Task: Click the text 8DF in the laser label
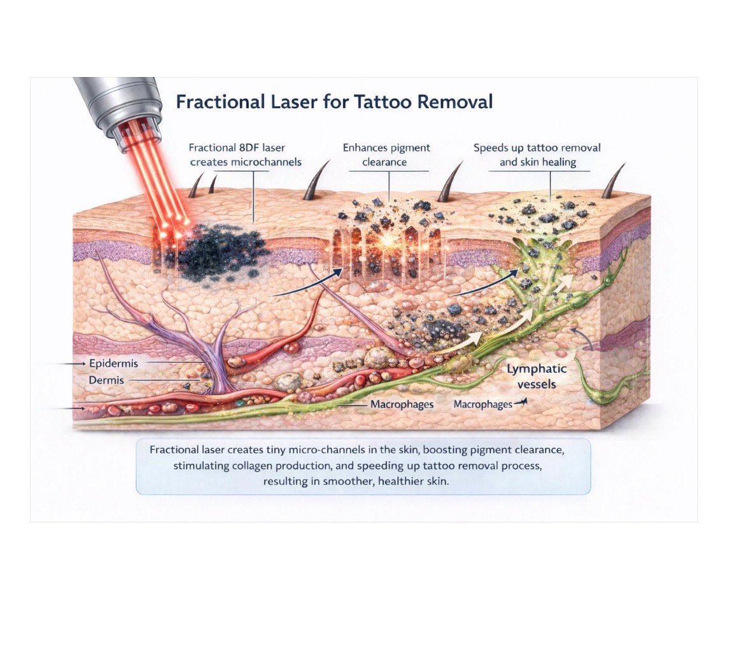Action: [249, 148]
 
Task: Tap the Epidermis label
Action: [113, 363]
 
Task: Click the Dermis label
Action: [106, 380]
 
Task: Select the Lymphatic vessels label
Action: [536, 376]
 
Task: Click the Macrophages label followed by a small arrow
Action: [483, 405]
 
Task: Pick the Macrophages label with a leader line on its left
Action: [402, 405]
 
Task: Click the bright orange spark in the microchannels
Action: [387, 241]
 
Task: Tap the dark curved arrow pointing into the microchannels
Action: [306, 284]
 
